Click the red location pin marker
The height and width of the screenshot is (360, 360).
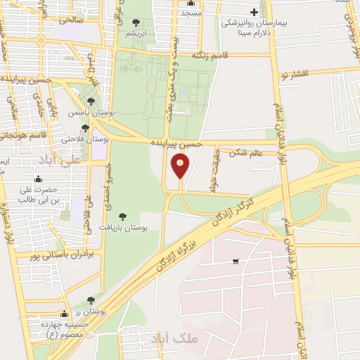pyautogui.click(x=181, y=167)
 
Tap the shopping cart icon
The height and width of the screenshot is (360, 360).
pyautogui.click(x=235, y=262)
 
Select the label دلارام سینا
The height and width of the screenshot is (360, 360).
pyautogui.click(x=245, y=32)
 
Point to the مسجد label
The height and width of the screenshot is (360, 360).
pyautogui.click(x=190, y=13)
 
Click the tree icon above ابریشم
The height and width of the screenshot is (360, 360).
pyautogui.click(x=135, y=22)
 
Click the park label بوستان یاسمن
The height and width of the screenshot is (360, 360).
pyautogui.click(x=87, y=112)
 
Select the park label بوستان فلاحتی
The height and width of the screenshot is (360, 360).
pyautogui.click(x=77, y=139)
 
